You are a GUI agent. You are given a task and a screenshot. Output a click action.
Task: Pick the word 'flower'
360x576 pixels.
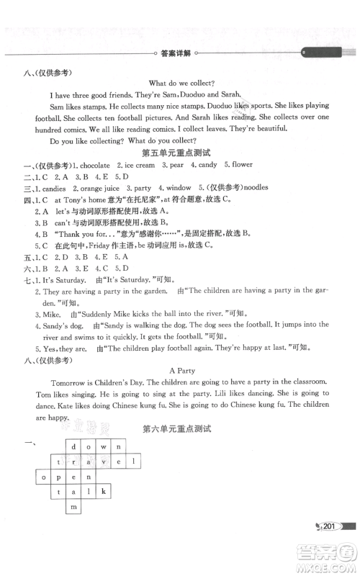[x=237, y=165]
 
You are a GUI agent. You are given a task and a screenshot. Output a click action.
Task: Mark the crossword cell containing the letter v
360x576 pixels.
[x=103, y=461]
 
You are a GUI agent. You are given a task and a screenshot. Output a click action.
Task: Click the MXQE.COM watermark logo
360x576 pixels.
[x=330, y=555]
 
